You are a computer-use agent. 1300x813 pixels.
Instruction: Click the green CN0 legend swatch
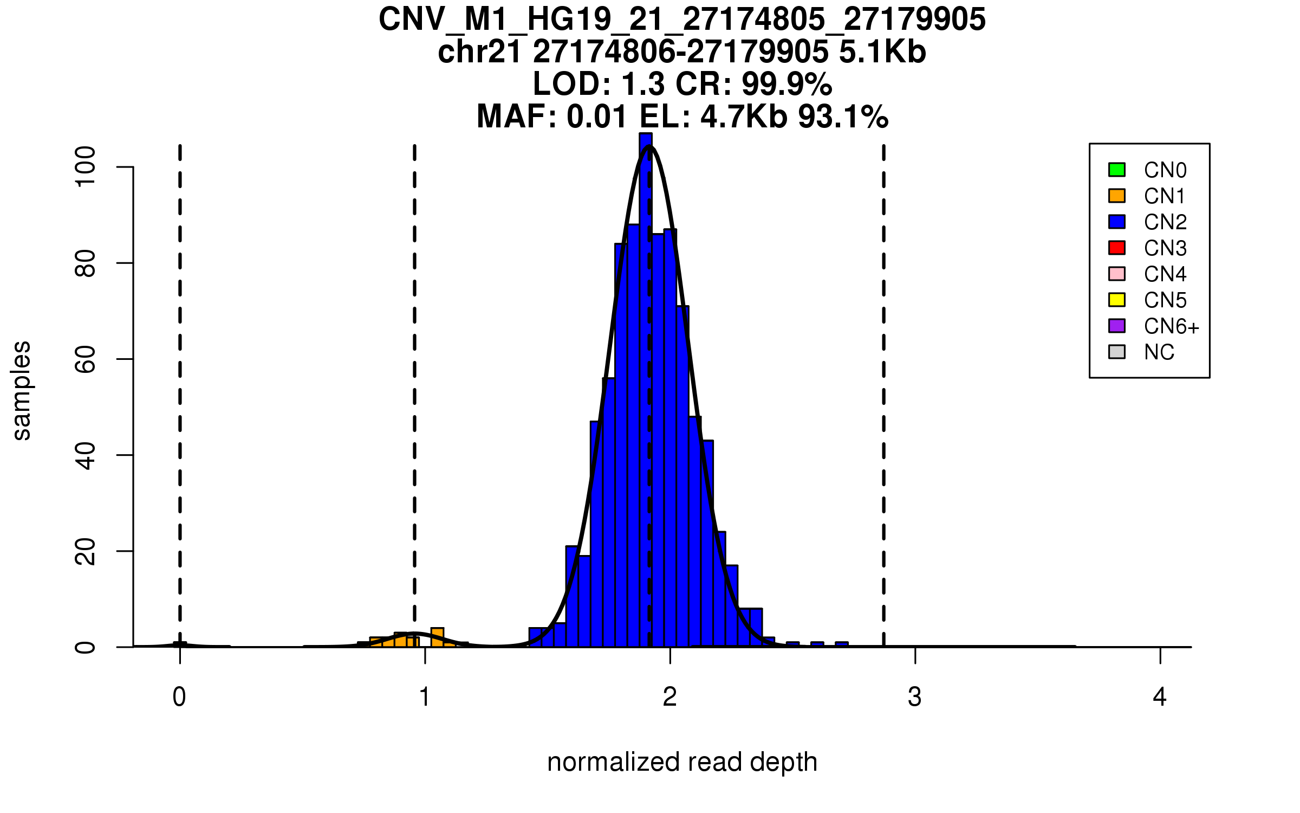1117,170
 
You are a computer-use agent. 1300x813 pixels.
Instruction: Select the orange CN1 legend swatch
1117,196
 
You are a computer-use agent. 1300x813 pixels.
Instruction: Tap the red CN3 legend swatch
1117,248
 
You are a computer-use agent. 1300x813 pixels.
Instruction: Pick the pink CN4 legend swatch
1117,274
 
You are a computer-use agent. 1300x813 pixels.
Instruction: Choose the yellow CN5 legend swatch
1117,300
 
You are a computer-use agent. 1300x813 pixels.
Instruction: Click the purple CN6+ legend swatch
1117,326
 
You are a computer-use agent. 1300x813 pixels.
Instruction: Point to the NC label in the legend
1159,352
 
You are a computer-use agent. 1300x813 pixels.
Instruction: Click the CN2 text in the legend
1165,222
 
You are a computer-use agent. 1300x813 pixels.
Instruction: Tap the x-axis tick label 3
915,697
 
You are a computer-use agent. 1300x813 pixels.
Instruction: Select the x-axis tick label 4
1160,697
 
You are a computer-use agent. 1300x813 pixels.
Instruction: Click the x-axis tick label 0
179,697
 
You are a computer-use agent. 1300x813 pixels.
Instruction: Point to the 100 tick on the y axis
86,167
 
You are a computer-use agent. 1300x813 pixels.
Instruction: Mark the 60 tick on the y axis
86,359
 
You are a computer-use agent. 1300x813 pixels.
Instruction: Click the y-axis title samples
22,390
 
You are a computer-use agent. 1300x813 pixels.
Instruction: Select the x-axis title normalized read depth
682,762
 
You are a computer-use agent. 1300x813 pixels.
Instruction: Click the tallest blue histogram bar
646,379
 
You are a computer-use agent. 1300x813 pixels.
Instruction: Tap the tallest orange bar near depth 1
437,637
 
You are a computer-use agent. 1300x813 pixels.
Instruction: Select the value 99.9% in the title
786,84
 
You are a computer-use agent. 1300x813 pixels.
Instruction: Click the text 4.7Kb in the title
743,117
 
